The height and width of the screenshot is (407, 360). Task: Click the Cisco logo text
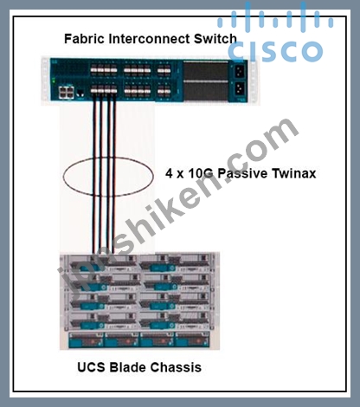point(275,51)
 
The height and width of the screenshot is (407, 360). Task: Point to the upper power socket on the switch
point(239,71)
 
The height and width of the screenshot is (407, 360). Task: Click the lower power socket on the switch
point(239,88)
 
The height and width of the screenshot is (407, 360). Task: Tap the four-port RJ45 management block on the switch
point(66,93)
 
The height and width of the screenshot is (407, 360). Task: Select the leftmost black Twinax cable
point(94,173)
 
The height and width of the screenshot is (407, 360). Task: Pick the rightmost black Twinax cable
point(114,173)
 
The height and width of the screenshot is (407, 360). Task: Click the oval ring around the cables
point(63,177)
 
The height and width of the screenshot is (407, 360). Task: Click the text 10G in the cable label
point(201,173)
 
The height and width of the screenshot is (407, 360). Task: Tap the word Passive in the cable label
point(242,173)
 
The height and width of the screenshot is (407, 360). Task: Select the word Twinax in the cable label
point(294,173)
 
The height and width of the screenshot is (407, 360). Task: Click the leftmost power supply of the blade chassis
point(86,339)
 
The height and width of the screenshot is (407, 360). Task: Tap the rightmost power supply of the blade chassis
point(193,339)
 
